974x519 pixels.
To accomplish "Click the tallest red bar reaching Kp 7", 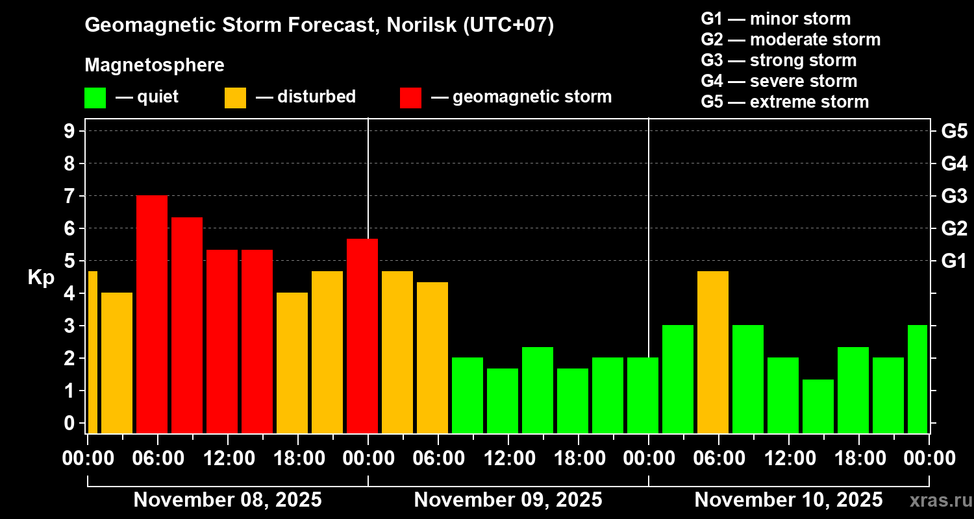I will point(152,314).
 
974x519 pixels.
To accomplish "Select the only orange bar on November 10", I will point(713,352).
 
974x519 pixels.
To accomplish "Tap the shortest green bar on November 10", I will point(818,406).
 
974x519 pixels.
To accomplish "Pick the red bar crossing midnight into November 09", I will point(362,335).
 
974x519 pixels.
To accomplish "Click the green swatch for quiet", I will point(95,97).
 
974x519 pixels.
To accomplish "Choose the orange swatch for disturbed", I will point(235,97).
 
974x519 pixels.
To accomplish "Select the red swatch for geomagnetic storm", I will point(410,97).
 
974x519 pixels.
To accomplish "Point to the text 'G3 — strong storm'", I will point(779,60).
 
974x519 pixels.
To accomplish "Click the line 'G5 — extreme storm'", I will point(784,102).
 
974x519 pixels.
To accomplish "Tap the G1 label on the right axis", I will point(954,261).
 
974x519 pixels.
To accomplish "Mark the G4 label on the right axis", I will point(954,163).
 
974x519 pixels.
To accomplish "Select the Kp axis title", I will point(41,278).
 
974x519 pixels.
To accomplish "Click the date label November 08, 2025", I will point(227,500).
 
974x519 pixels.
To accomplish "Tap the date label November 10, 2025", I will point(788,500).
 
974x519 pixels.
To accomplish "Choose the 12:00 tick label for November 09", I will point(508,459).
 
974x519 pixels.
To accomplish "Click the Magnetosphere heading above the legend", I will point(155,66).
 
